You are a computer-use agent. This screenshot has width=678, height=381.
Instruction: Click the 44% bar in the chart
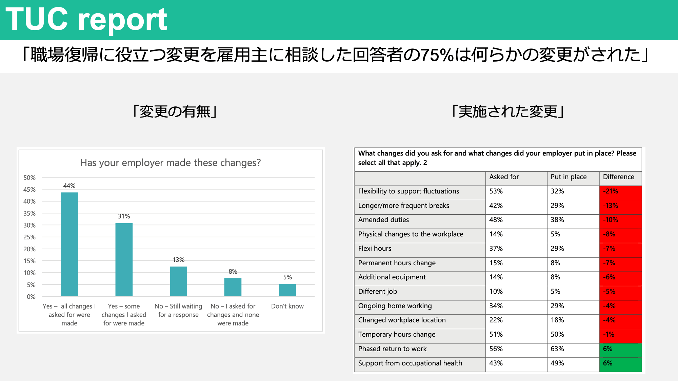(x=69, y=244)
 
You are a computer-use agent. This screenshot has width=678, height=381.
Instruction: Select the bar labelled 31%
(x=124, y=259)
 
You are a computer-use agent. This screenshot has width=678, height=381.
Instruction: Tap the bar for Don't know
(x=287, y=290)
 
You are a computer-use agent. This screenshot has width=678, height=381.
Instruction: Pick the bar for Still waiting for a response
(x=179, y=281)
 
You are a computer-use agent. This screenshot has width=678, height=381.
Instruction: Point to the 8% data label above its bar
(x=233, y=272)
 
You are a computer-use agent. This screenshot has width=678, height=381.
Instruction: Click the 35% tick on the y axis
(x=29, y=213)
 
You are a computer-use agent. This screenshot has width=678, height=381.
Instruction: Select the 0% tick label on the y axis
(x=31, y=297)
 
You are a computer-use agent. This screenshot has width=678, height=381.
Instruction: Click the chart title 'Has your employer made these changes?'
(x=171, y=163)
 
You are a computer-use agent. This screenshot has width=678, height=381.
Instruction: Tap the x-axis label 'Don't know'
(x=287, y=306)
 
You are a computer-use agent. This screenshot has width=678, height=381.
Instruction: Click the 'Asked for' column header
(x=504, y=177)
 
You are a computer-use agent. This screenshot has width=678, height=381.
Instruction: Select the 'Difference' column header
(x=618, y=177)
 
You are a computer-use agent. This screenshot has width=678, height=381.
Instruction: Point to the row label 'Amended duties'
(x=383, y=220)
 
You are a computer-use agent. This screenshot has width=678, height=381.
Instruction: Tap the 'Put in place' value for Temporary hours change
(x=557, y=335)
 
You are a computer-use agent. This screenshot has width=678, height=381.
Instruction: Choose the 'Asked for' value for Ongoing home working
(x=496, y=306)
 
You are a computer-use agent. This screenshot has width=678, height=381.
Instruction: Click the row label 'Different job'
(x=377, y=292)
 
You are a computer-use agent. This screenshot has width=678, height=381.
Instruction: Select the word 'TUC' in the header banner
(x=37, y=19)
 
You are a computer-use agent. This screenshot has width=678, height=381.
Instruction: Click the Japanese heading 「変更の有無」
(x=175, y=111)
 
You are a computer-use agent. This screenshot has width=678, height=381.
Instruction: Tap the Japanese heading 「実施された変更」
(x=508, y=111)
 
